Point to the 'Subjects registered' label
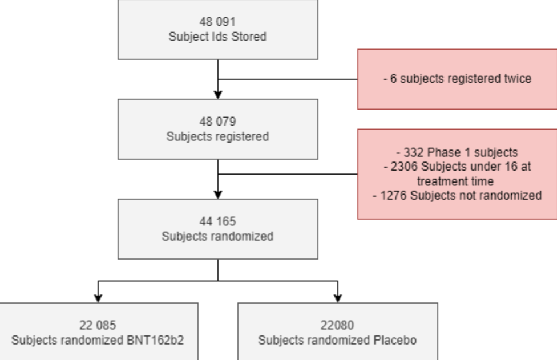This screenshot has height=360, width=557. coord(218,137)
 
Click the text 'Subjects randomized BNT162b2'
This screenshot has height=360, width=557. coord(98,341)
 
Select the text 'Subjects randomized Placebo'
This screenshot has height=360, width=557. coord(338,341)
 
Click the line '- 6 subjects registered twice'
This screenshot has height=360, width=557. coord(458,79)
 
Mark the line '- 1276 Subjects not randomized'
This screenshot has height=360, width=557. coord(458,195)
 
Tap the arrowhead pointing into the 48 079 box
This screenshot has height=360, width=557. coord(218,94)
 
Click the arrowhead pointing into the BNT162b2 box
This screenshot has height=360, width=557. coord(98,298)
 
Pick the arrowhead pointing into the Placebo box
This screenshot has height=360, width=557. coord(338,298)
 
